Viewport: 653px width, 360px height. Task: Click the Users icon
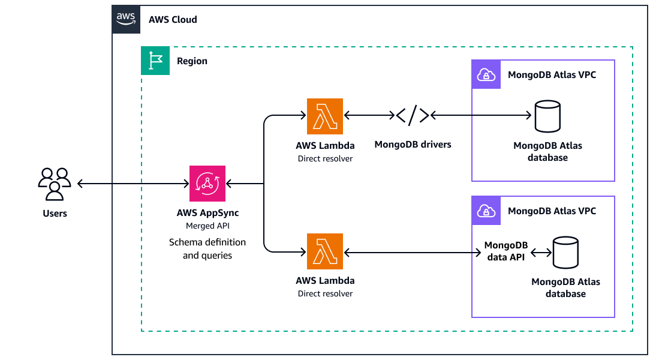[x=55, y=183]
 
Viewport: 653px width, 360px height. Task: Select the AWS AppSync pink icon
[x=207, y=184]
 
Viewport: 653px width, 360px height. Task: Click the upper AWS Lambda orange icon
[x=324, y=116]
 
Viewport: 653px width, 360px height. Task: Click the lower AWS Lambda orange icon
[x=324, y=251]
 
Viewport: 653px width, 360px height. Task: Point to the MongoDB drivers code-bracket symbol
[x=413, y=115]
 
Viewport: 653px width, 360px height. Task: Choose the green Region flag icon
[x=155, y=61]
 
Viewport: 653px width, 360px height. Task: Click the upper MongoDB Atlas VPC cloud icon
[x=486, y=74]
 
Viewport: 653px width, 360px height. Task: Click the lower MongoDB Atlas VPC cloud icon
[x=486, y=211]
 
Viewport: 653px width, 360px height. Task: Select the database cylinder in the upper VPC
[x=547, y=116]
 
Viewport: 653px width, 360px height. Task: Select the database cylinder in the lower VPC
[x=565, y=253]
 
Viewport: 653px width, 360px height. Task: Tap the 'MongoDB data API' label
[x=505, y=251]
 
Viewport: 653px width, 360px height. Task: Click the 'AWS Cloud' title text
[x=173, y=20]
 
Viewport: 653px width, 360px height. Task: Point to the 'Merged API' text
[x=207, y=226]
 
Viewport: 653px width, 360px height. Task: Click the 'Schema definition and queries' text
[x=207, y=248]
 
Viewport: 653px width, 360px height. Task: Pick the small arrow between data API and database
[x=541, y=253]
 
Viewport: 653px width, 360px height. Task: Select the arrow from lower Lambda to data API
[x=414, y=252]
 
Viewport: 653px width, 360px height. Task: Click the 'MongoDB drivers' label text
[x=413, y=145]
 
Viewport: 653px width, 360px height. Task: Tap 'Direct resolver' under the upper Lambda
[x=325, y=159]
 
